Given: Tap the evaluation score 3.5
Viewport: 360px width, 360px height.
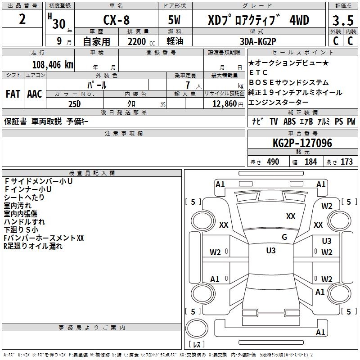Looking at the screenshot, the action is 342,21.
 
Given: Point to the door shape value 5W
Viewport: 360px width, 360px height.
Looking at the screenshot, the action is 175,21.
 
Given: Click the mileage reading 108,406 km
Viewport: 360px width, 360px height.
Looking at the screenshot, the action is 53,64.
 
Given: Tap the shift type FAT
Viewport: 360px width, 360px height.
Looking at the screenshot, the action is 13,94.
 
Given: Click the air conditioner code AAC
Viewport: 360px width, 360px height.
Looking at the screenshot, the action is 35,94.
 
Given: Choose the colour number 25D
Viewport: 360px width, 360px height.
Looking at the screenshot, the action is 74,103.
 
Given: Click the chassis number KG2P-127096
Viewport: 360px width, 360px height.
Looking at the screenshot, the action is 302,144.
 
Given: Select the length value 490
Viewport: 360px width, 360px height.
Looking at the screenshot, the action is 273,162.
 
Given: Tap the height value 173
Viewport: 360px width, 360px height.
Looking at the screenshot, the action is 346,162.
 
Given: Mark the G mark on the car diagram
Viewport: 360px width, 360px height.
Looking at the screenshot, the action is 284,237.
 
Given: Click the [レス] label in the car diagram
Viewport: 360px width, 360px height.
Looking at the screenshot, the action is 196,345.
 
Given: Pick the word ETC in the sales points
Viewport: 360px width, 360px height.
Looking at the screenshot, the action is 258,72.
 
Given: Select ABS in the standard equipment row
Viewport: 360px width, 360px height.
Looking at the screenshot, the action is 290,121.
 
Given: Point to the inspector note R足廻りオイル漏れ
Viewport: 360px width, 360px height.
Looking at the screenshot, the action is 33,246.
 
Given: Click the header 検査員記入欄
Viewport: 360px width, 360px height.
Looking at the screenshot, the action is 92,173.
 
